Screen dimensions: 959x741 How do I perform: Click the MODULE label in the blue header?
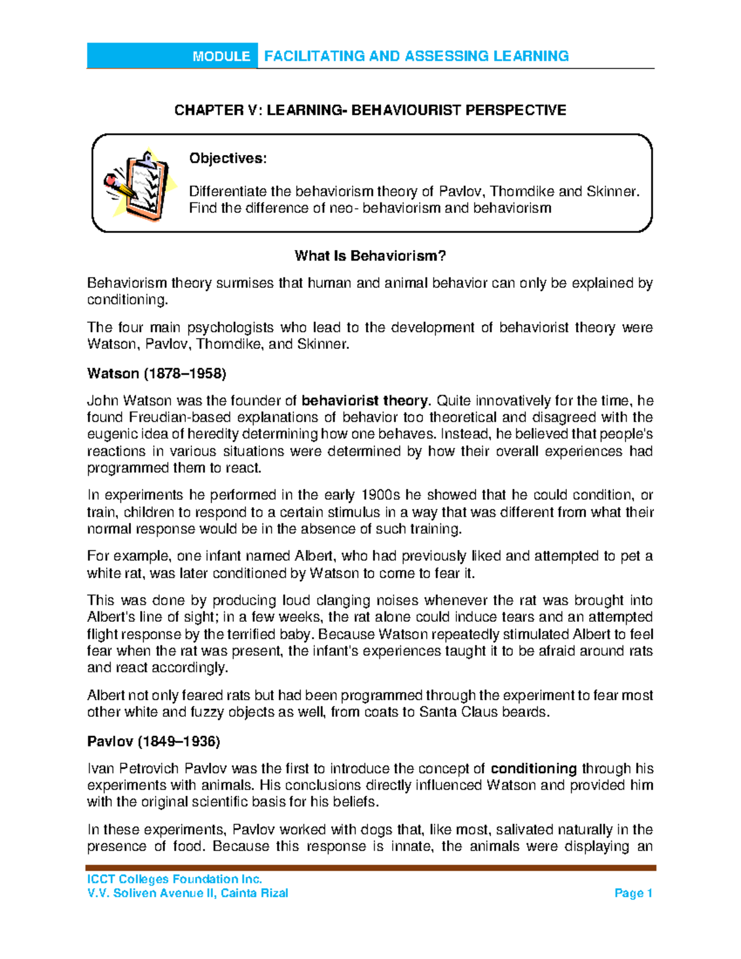click(221, 56)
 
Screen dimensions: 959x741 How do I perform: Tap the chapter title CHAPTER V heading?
click(370, 110)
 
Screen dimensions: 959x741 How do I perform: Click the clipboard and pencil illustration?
click(137, 184)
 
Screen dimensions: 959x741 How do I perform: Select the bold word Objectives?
click(228, 158)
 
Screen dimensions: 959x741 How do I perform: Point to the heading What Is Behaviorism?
click(370, 256)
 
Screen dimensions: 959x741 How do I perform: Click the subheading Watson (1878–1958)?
click(157, 373)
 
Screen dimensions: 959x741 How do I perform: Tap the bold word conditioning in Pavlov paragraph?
click(534, 768)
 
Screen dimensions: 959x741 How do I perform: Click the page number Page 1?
click(634, 893)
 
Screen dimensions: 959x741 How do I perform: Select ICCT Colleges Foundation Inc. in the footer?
click(175, 879)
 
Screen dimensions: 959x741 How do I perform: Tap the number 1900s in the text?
click(381, 495)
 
